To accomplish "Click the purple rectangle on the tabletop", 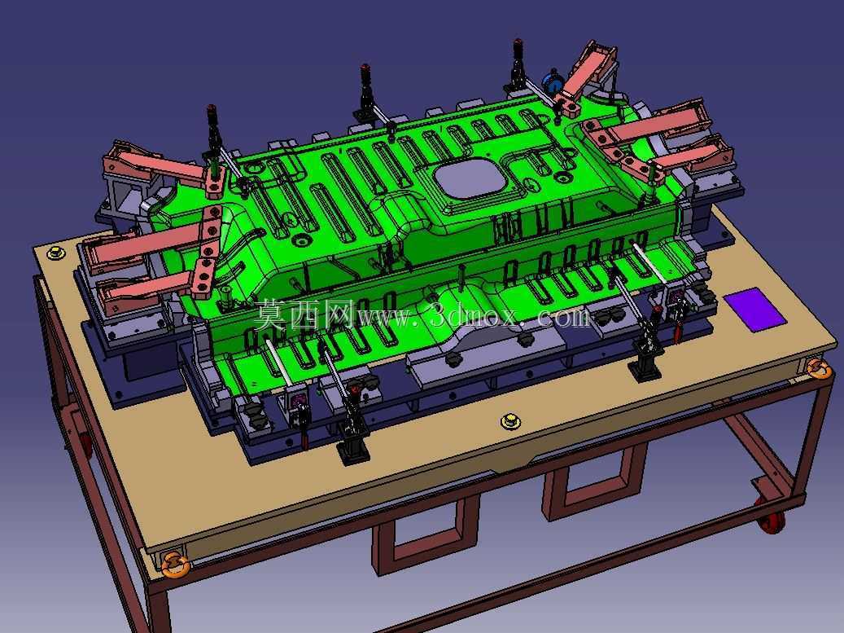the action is point(754,310).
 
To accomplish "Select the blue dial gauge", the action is point(551,81).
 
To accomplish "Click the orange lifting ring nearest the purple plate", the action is point(820,368).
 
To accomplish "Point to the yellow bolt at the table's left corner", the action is point(55,252).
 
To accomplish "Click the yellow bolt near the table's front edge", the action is point(508,420).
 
